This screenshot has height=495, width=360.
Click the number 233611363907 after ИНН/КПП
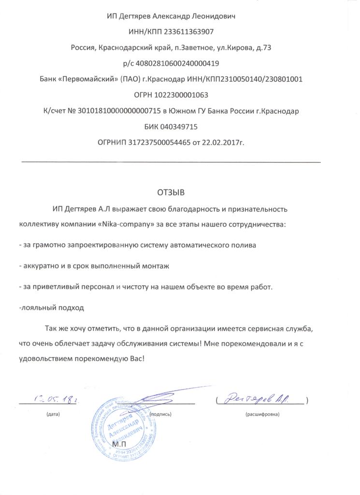[189, 32]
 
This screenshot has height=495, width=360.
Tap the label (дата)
[54, 415]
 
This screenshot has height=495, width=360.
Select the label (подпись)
[160, 415]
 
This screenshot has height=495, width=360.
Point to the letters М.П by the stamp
[118, 443]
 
